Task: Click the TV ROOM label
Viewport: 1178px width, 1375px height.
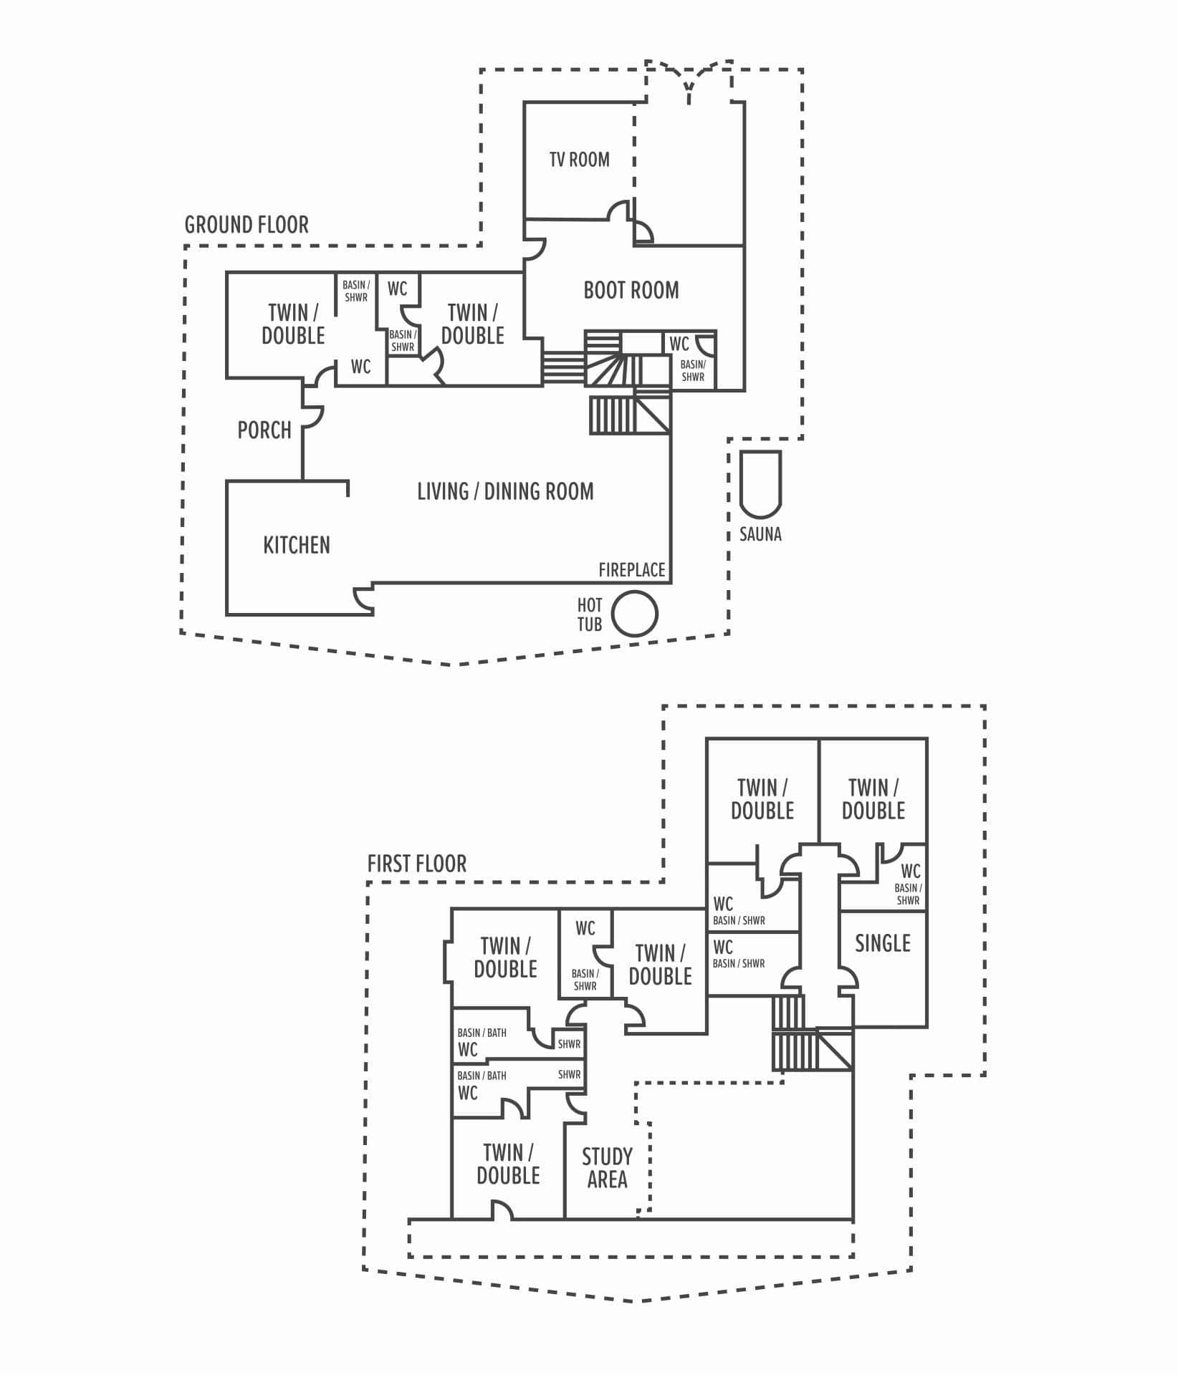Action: pos(579,159)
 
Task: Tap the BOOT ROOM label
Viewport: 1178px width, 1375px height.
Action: pos(631,290)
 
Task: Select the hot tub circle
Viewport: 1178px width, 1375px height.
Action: pos(634,614)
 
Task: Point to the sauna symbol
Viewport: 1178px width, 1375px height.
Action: pos(760,483)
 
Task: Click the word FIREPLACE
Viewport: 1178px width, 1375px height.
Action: pos(632,569)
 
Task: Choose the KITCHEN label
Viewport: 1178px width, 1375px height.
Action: pos(297,545)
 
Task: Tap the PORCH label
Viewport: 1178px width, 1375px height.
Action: pos(264,430)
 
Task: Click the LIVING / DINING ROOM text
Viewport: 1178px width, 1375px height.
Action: pos(505,491)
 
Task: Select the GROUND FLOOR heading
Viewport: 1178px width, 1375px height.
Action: pos(246,225)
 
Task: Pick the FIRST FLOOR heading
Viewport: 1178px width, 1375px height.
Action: pos(416,864)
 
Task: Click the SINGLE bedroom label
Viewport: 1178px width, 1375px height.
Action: pos(882,943)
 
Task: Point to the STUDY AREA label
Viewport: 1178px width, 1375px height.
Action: pos(607,1167)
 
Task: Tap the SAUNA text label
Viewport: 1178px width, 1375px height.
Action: pos(760,534)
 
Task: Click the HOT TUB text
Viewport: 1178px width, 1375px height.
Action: pos(590,614)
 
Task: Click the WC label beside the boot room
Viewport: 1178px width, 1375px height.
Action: pos(679,344)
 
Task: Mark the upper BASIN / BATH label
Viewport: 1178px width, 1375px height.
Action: pos(482,1033)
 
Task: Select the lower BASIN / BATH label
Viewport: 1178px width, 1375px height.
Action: pos(482,1076)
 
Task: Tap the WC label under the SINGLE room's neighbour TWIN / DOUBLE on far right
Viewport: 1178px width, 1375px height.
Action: pos(910,871)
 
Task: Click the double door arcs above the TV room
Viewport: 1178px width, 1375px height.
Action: pos(689,79)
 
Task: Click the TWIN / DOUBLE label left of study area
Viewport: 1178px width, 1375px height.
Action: pos(508,1164)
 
